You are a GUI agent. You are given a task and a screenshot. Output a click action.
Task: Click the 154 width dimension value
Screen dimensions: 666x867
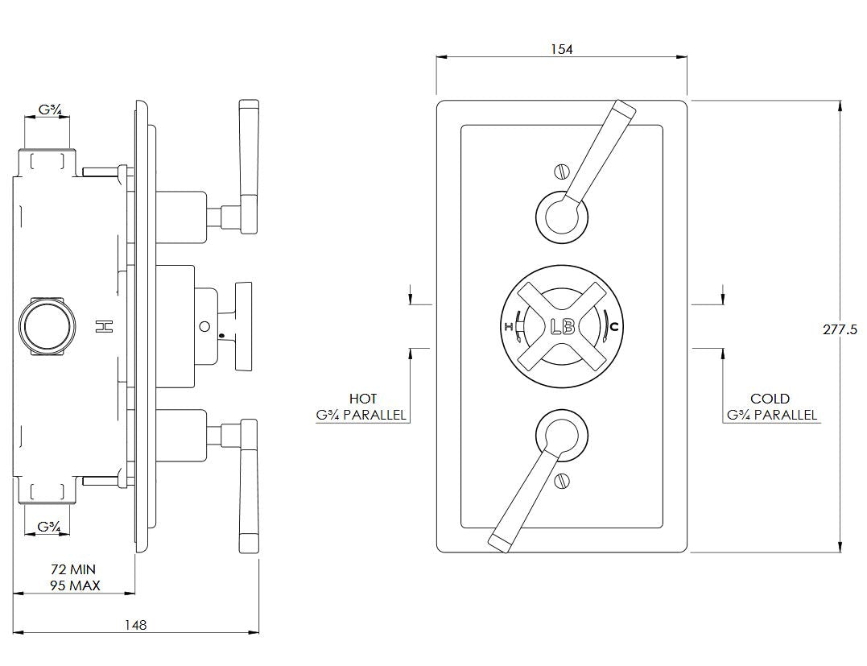click(561, 49)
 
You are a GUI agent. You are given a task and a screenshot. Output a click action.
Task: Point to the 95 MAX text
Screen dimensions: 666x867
click(74, 585)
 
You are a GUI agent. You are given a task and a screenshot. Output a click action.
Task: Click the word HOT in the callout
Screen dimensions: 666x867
click(362, 399)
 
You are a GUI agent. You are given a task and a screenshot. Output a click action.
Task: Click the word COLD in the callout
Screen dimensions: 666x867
click(770, 399)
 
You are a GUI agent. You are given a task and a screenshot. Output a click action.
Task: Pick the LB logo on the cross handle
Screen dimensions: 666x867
click(561, 327)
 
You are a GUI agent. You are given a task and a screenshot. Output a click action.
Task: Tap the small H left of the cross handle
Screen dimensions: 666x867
click(509, 326)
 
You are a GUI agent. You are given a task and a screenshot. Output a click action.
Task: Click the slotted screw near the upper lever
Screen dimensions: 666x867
click(562, 171)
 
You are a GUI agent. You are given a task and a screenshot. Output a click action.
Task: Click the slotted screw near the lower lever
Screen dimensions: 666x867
click(562, 482)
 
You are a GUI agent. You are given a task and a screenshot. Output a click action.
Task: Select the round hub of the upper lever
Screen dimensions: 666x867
click(561, 215)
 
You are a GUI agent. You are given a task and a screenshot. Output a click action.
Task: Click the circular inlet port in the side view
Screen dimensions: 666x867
click(47, 326)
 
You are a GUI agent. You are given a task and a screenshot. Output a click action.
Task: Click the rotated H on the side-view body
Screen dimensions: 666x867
click(103, 326)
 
